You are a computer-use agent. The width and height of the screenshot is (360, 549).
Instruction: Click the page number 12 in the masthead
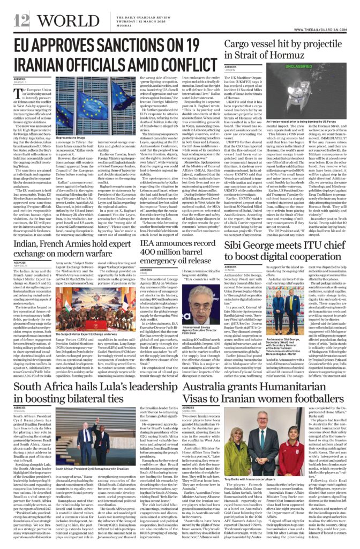22,20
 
